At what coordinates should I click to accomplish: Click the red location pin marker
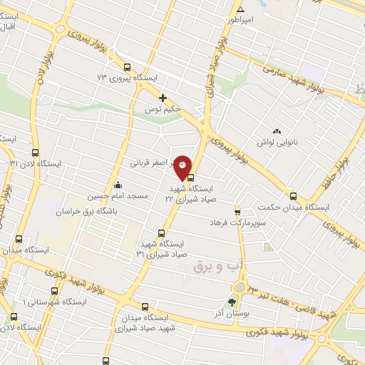pyautogui.click(x=184, y=168)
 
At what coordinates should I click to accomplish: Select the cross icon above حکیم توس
pyautogui.click(x=163, y=98)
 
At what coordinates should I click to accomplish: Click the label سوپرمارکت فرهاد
pyautogui.click(x=238, y=224)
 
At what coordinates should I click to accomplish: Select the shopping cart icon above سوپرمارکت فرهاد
pyautogui.click(x=238, y=212)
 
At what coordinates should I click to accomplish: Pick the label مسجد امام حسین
pyautogui.click(x=118, y=195)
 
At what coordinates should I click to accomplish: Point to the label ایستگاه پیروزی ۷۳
pyautogui.click(x=125, y=76)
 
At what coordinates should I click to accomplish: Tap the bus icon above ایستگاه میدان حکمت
pyautogui.click(x=292, y=196)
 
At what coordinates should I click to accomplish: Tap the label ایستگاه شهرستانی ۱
pyautogui.click(x=54, y=302)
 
